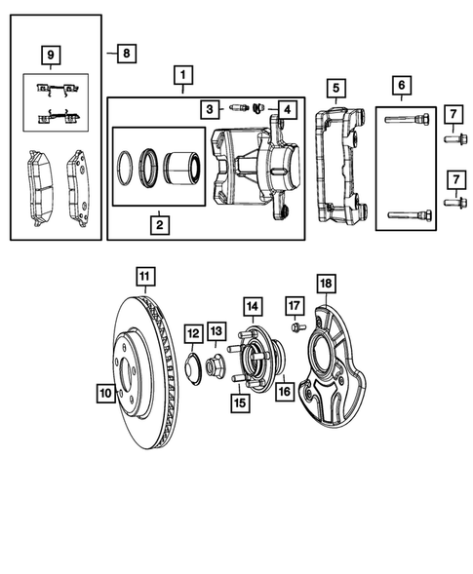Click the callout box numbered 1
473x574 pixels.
point(180,74)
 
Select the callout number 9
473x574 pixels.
point(51,56)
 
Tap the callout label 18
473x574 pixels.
point(326,284)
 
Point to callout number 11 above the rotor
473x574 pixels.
point(143,276)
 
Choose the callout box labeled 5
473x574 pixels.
point(334,90)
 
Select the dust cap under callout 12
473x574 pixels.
point(193,368)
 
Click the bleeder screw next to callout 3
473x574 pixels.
point(237,107)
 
